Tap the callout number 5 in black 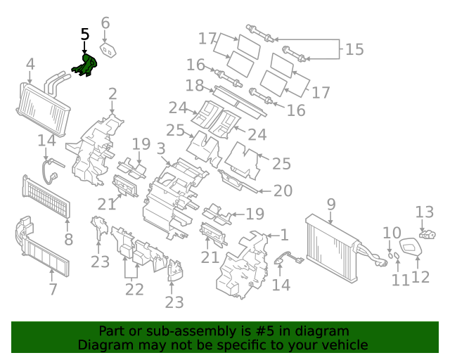[85, 34]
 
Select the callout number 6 [105, 23]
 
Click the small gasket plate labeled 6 [109, 51]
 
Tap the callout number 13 [425, 212]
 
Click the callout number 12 [420, 276]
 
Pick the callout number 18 [195, 86]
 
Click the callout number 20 [282, 191]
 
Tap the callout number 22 [134, 288]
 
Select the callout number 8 [68, 240]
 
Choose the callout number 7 [53, 289]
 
